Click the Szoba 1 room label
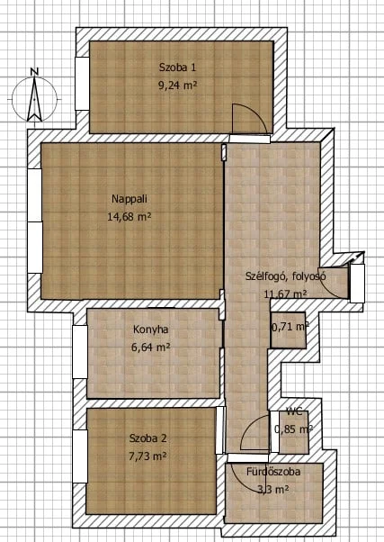(177, 67)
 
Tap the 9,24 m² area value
(177, 85)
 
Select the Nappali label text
(129, 199)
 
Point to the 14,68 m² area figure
(129, 217)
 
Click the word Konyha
(151, 330)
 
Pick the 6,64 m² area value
(150, 347)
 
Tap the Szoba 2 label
(147, 438)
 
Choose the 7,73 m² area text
(147, 456)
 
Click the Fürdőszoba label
(273, 472)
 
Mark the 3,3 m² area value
(273, 490)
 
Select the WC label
(294, 411)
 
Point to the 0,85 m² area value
(293, 429)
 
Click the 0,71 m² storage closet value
(290, 327)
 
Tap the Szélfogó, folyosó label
(286, 276)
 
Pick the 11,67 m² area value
(286, 294)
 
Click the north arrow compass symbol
(34, 99)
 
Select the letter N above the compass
(34, 71)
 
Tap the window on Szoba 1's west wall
(82, 84)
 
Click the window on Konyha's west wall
(80, 351)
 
